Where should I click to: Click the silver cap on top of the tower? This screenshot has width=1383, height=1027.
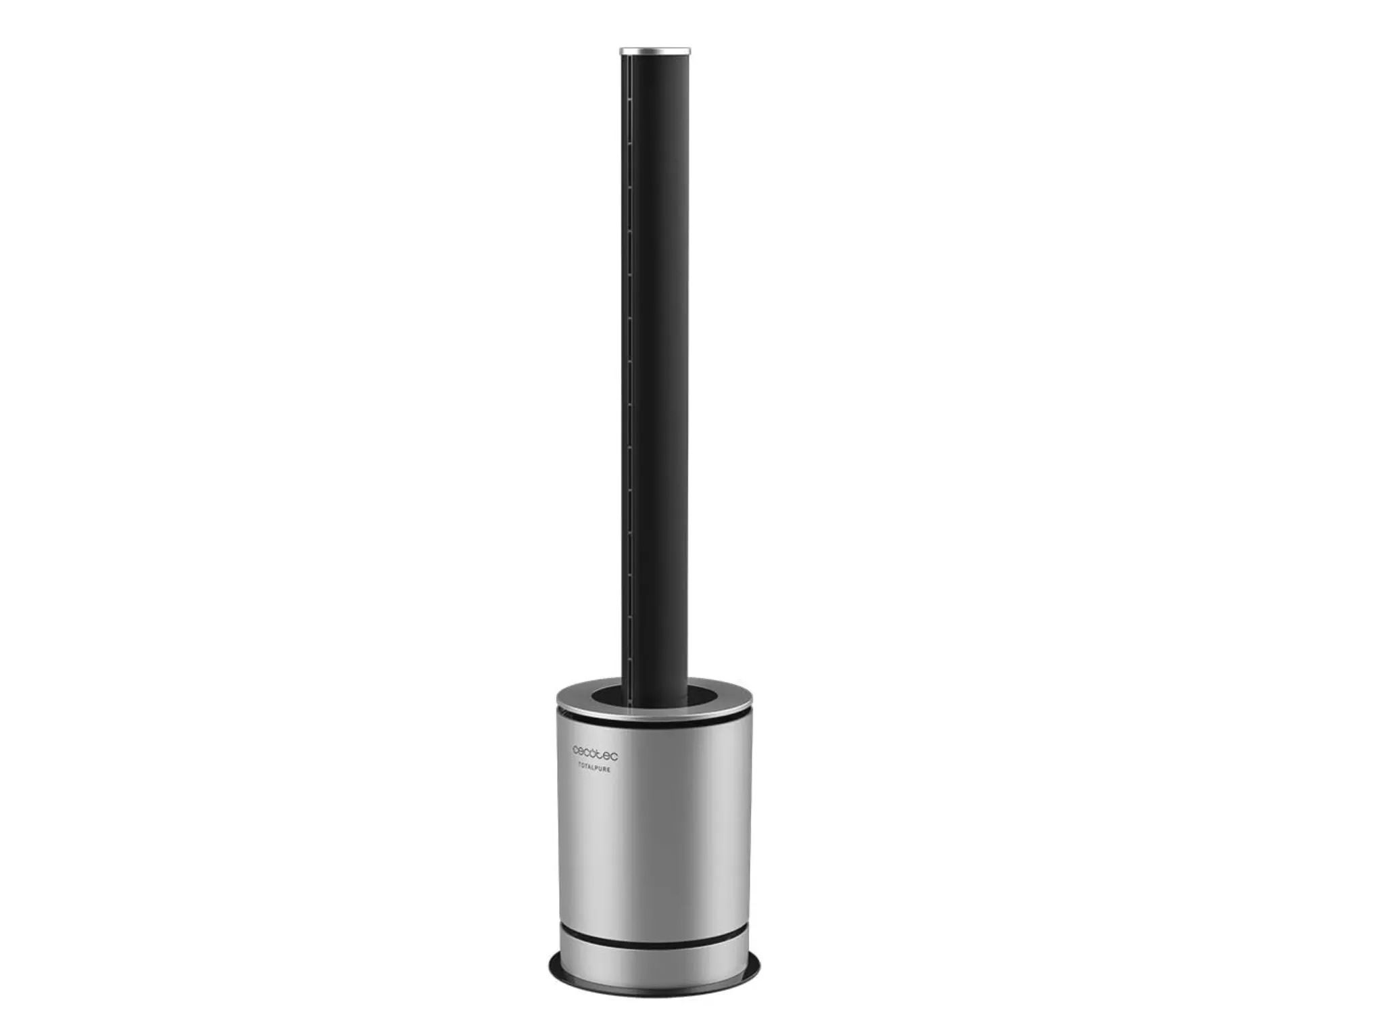coord(655,51)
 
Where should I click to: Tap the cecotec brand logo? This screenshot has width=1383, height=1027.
coord(595,750)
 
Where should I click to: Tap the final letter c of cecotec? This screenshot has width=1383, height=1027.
coord(614,750)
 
